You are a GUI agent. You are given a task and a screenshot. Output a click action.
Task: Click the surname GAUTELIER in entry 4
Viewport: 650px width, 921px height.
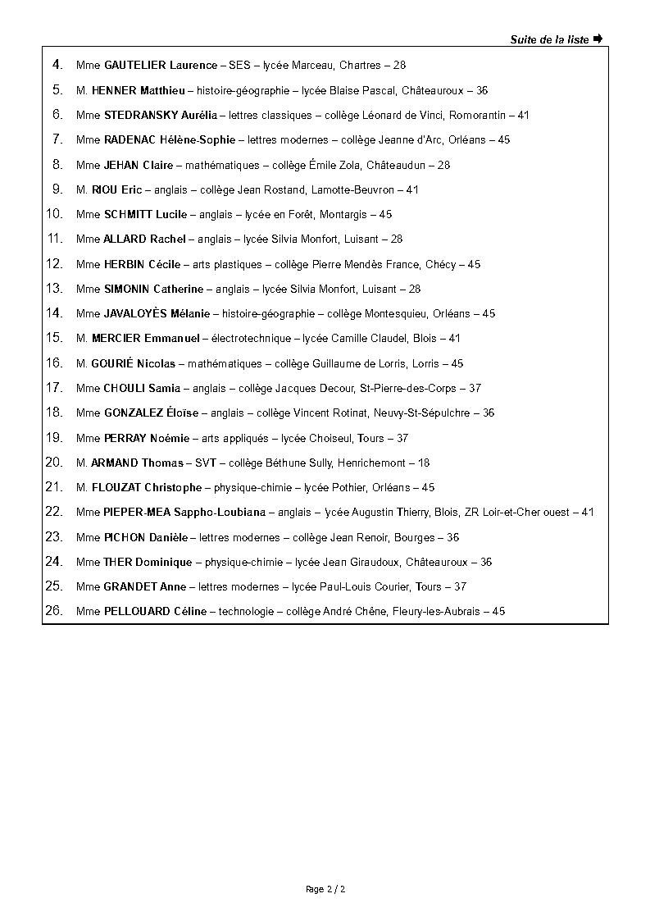click(136, 66)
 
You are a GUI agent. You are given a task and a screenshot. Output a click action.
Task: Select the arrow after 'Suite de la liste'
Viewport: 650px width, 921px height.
click(598, 39)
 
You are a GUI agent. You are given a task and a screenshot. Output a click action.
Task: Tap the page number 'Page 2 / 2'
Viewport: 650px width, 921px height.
click(325, 889)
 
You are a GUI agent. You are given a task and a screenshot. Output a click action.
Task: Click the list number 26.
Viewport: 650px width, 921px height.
click(54, 611)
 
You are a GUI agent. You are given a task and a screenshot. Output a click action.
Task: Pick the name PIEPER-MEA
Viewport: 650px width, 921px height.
click(137, 513)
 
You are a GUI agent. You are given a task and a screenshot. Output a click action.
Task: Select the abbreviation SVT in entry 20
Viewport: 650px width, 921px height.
click(205, 463)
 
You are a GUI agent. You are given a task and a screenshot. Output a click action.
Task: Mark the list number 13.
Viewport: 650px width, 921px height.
click(54, 289)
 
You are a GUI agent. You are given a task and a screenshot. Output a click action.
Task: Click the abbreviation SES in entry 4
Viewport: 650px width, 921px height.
click(239, 66)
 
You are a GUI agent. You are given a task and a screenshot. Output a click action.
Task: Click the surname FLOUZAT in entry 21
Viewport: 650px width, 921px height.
click(116, 488)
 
